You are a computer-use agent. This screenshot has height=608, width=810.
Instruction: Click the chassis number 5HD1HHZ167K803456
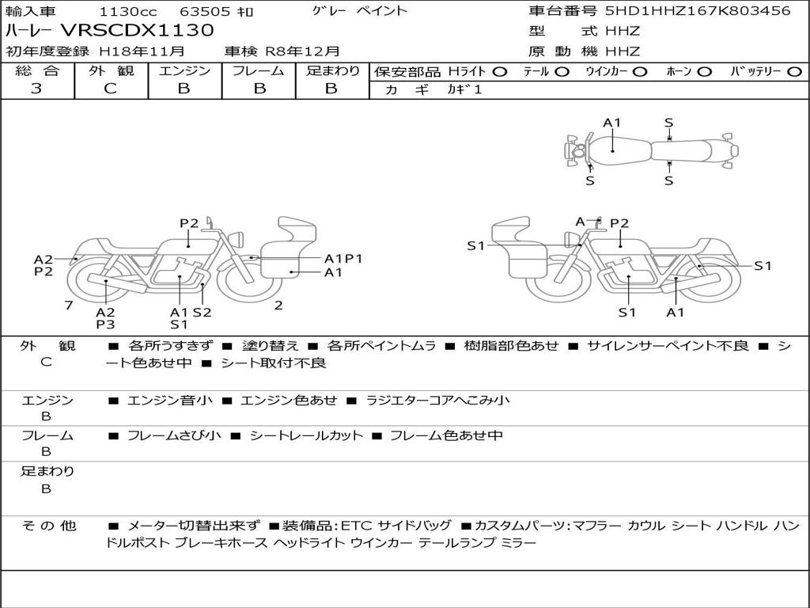coord(698,11)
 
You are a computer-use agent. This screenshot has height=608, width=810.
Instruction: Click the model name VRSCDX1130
coord(138,31)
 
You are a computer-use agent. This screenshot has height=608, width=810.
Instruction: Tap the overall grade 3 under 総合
coord(36,89)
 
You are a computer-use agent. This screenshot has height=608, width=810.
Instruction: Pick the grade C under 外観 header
coord(110,89)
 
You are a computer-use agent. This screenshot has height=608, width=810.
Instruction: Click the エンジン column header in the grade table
coord(184,70)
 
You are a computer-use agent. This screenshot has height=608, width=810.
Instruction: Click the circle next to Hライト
coord(500,72)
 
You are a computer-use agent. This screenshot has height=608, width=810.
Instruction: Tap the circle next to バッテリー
coord(794,72)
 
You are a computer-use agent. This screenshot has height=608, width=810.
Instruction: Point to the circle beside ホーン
coord(705,72)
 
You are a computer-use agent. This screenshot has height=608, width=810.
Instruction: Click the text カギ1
coord(464,89)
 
